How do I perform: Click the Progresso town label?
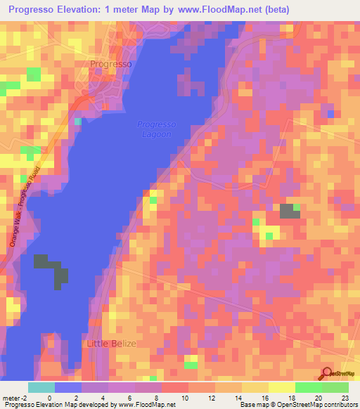click(111, 64)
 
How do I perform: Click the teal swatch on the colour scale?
click(41, 387)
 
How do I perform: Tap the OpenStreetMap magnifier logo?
click(328, 373)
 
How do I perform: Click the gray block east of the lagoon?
click(288, 212)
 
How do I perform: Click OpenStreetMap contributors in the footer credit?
click(309, 405)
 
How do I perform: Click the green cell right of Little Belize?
click(191, 365)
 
